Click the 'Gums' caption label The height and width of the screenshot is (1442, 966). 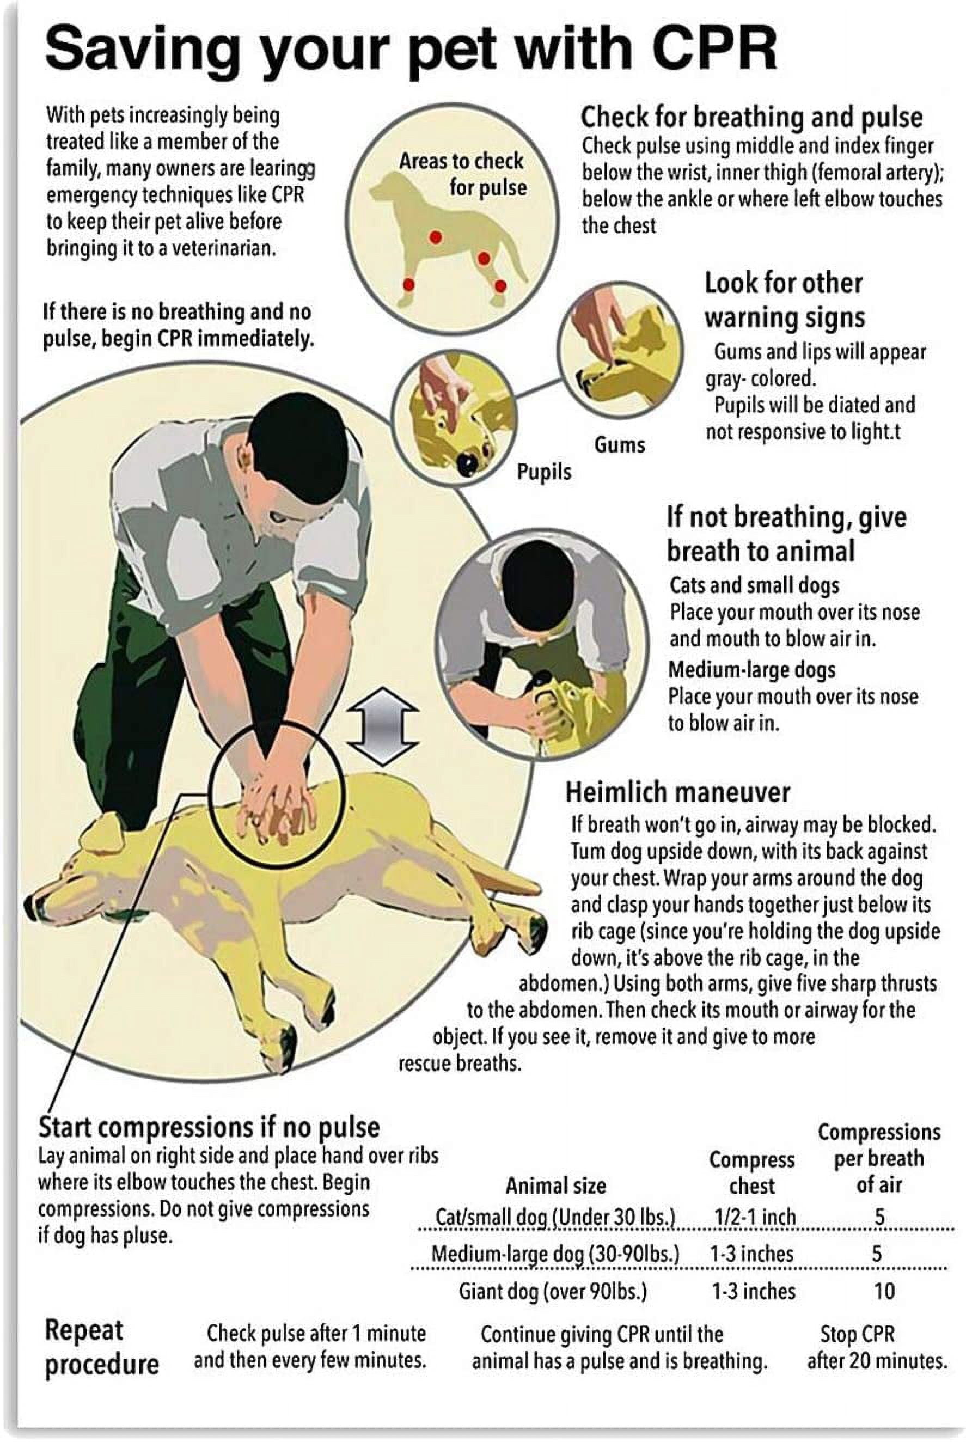tap(619, 445)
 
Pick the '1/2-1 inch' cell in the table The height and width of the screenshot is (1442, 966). tap(755, 1217)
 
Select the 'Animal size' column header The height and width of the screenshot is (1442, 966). tap(556, 1185)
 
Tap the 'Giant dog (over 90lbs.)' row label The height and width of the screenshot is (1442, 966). tap(553, 1291)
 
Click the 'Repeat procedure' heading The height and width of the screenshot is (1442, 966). tap(102, 1347)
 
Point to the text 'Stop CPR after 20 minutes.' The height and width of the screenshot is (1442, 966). tap(876, 1347)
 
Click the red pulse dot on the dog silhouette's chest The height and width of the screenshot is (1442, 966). tap(436, 236)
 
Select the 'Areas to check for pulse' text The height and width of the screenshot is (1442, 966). tap(462, 174)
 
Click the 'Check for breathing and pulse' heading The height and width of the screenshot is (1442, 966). tap(751, 117)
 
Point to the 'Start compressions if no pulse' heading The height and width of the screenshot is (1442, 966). tap(210, 1127)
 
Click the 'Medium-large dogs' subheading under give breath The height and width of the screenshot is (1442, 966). tap(751, 670)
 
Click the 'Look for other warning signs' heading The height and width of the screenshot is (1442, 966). tap(784, 301)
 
